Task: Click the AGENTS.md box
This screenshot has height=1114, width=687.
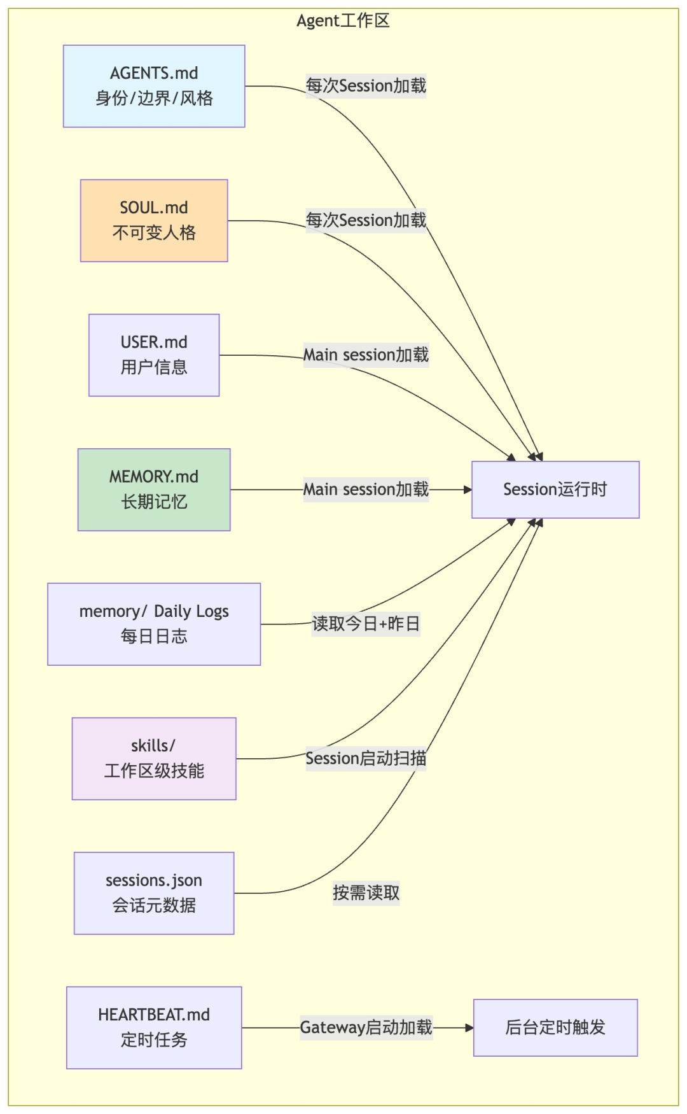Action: click(154, 86)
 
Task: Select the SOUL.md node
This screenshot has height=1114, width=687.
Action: click(154, 220)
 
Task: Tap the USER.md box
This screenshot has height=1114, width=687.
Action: click(154, 355)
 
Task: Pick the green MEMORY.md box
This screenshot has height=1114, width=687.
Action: click(154, 490)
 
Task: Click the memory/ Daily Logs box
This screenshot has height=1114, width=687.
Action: click(154, 624)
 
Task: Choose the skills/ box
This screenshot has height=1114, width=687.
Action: click(154, 758)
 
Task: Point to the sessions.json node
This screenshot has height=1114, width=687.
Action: click(154, 893)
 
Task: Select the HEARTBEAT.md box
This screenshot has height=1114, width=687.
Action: click(154, 1027)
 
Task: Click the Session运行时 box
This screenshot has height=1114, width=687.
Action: click(555, 490)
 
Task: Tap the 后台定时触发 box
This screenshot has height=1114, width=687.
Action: click(555, 1027)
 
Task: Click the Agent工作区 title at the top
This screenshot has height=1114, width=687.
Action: click(343, 21)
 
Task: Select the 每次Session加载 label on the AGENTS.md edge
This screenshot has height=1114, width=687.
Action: click(366, 86)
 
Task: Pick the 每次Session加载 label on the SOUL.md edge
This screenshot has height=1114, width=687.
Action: click(366, 220)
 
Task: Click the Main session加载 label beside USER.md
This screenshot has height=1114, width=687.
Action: click(366, 355)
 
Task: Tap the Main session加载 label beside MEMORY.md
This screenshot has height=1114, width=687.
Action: click(366, 490)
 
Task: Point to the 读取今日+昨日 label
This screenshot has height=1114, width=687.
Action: click(366, 624)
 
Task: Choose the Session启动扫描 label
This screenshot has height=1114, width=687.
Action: click(366, 758)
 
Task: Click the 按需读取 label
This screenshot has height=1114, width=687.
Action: click(366, 893)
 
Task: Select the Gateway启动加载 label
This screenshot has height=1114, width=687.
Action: click(366, 1027)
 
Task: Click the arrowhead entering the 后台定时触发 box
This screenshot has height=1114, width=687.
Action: click(469, 1027)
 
